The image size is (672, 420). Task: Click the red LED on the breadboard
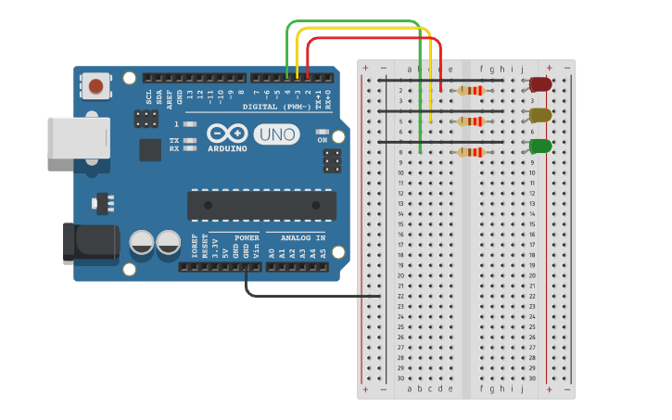(540, 84)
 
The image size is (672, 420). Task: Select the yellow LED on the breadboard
(540, 115)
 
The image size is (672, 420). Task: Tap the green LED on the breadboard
(540, 146)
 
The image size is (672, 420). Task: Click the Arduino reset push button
(95, 86)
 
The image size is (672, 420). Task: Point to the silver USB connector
(78, 137)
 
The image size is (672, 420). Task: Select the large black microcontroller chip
(261, 205)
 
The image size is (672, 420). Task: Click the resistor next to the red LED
(471, 91)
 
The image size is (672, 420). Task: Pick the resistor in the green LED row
(471, 152)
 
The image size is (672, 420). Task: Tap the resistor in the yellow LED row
(471, 121)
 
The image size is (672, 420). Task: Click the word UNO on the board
(276, 134)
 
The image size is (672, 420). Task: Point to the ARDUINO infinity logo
(227, 134)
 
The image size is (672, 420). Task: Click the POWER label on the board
(247, 237)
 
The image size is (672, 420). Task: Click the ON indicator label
(323, 140)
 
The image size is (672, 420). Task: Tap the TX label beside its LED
(174, 141)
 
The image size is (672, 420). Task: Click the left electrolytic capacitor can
(142, 243)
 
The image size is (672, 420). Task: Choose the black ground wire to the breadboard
(306, 297)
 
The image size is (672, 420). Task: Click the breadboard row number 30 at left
(400, 377)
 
